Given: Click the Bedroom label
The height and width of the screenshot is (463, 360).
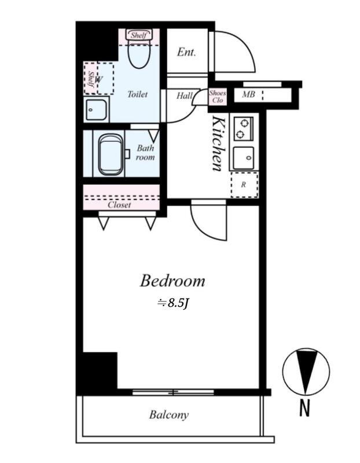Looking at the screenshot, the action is (172, 281).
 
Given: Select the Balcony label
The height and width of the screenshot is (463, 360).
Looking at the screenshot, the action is (169, 415).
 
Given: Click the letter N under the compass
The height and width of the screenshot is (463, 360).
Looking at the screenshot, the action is (305, 408).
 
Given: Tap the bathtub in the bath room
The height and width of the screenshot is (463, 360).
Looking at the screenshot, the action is (111, 154).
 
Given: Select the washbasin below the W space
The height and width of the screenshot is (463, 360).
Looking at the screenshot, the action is (96, 109).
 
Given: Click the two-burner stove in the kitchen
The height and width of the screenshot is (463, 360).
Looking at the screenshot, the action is (243, 128).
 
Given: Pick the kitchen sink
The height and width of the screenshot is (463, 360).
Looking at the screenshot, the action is (243, 157).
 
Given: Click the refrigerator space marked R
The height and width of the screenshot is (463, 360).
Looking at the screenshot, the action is (244, 185).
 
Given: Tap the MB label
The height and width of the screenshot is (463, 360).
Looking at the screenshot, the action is (248, 94).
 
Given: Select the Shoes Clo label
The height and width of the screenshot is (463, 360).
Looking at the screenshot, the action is (218, 97).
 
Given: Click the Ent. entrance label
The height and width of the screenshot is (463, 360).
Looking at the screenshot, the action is (186, 52).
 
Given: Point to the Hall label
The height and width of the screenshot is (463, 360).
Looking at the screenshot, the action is (184, 95).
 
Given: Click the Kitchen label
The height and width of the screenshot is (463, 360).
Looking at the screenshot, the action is (220, 144).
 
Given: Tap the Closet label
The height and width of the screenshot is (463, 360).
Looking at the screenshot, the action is (119, 205).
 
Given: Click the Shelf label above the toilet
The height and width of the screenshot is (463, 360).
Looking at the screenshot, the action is (139, 35).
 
